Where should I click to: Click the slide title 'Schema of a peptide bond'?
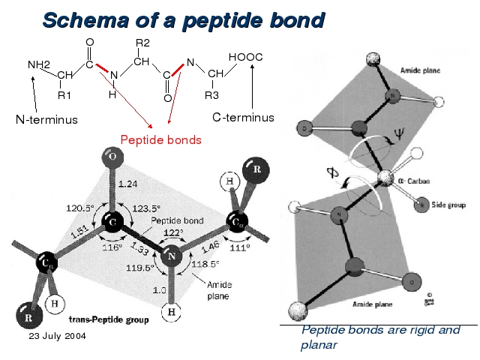coord(183,19)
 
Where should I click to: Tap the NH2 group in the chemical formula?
coord(39,64)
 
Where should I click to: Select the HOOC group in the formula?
coord(245,57)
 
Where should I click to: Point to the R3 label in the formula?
coord(211,95)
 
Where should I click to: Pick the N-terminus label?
coord(46,119)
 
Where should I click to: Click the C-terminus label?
coord(243,118)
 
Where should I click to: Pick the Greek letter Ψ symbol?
coord(399,137)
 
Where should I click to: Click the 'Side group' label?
coord(446,204)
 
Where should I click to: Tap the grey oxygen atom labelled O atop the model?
coord(112,157)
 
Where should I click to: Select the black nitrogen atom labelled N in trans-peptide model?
coord(171,257)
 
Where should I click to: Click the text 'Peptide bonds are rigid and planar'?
coord(379,337)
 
